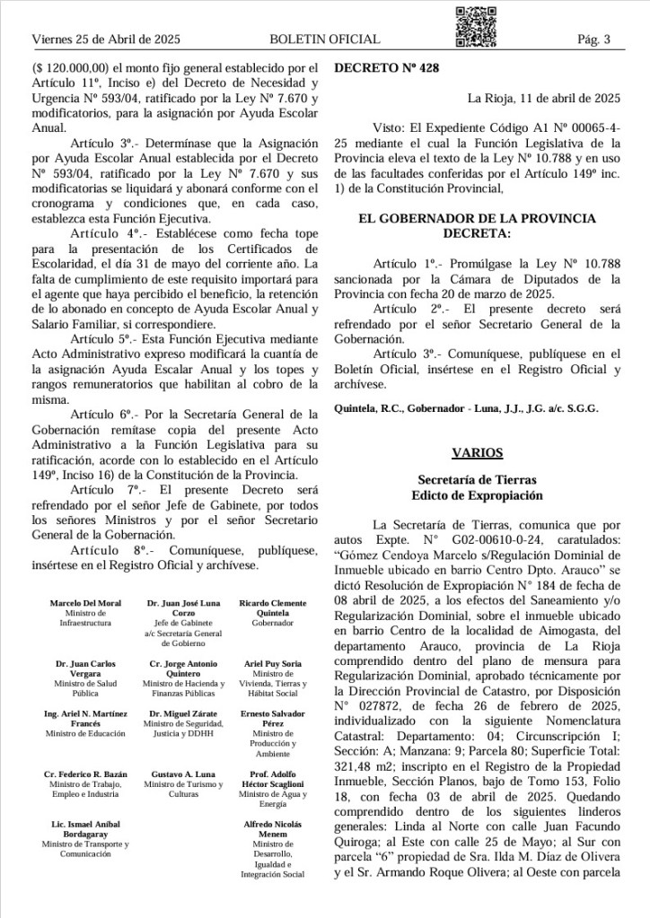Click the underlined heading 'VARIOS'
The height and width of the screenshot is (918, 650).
pos(477,453)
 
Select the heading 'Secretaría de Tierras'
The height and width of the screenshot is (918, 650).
pos(477,481)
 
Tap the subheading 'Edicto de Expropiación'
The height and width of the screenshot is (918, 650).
pos(477,495)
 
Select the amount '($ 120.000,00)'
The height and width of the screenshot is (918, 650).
pos(70,67)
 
